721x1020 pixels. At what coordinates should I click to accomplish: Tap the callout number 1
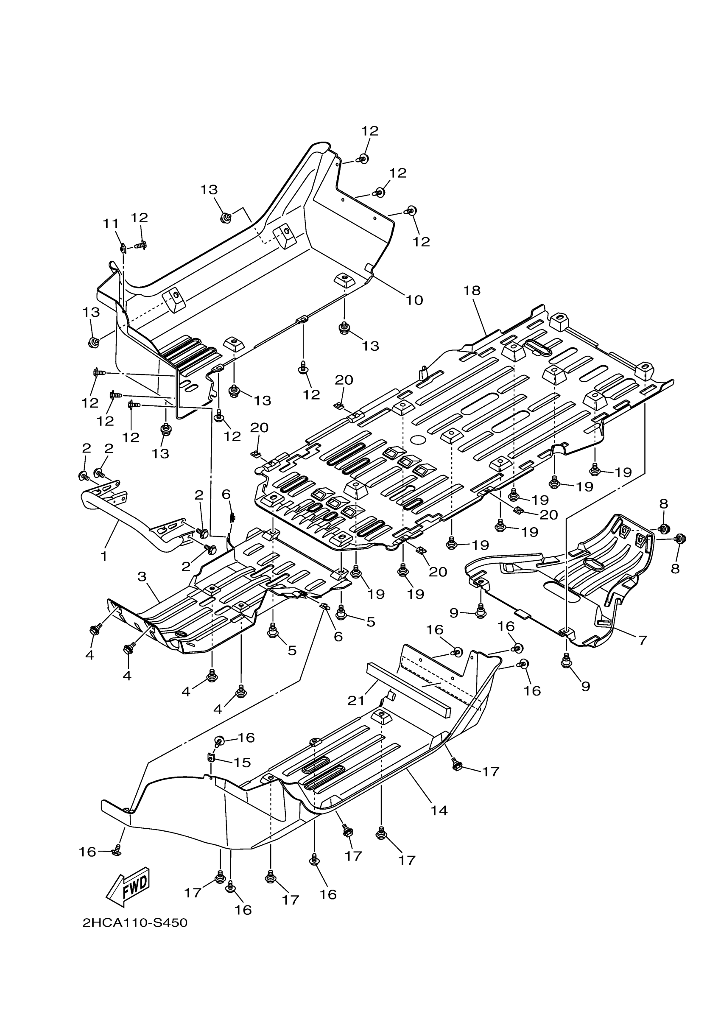click(x=104, y=556)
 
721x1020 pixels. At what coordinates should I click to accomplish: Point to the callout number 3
click(x=142, y=577)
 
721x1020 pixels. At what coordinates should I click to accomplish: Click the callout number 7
click(x=643, y=640)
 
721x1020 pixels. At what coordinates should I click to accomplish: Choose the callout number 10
click(x=414, y=300)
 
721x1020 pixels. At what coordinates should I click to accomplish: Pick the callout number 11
click(x=111, y=224)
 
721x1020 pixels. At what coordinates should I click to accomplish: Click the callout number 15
click(x=242, y=762)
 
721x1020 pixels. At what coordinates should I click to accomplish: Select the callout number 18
click(x=472, y=291)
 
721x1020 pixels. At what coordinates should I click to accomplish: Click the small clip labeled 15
click(x=212, y=756)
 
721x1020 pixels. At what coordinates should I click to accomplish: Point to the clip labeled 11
click(x=123, y=247)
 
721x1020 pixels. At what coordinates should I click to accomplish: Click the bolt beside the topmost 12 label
click(x=363, y=158)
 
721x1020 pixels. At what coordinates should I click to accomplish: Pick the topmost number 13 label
click(x=209, y=190)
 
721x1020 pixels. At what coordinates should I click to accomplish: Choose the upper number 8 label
click(x=663, y=503)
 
